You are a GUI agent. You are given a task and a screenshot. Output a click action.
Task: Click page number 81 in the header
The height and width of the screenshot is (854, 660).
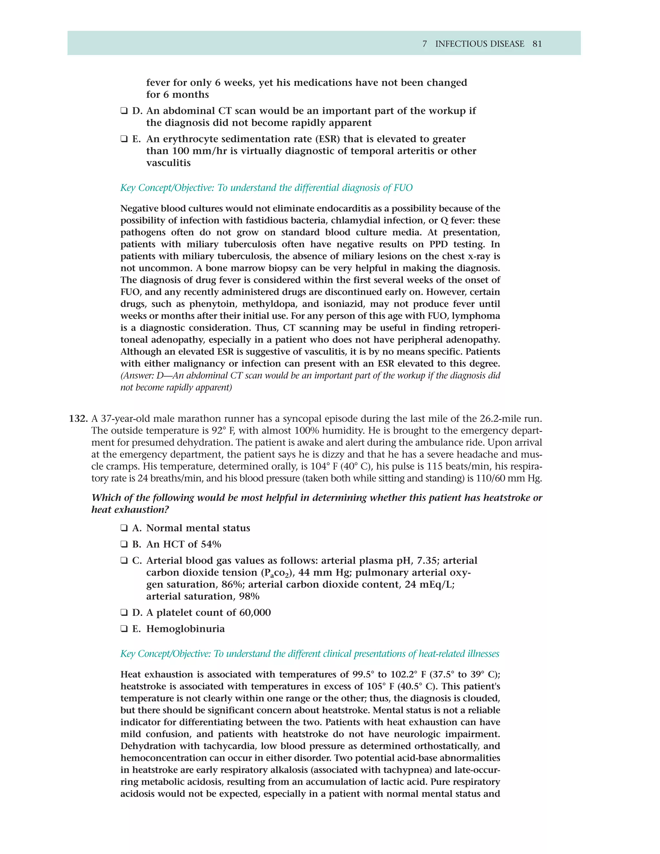[537, 44]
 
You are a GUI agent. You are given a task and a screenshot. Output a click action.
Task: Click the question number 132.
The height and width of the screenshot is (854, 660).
[78, 419]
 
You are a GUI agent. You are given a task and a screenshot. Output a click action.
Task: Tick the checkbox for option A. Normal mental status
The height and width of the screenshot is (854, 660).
[124, 528]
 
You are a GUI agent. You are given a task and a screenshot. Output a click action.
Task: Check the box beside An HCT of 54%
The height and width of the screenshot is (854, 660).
[124, 544]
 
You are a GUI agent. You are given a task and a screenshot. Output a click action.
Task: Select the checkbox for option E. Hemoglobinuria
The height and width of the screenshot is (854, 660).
[124, 629]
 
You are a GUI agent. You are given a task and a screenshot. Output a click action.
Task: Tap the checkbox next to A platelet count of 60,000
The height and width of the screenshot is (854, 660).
[124, 613]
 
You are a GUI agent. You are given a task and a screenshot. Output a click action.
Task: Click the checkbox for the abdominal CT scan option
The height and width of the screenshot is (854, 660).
[124, 111]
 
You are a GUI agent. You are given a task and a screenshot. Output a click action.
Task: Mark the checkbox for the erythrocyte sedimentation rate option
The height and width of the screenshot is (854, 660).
[124, 139]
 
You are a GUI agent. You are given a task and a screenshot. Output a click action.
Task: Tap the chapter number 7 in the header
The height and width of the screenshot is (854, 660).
[425, 44]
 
